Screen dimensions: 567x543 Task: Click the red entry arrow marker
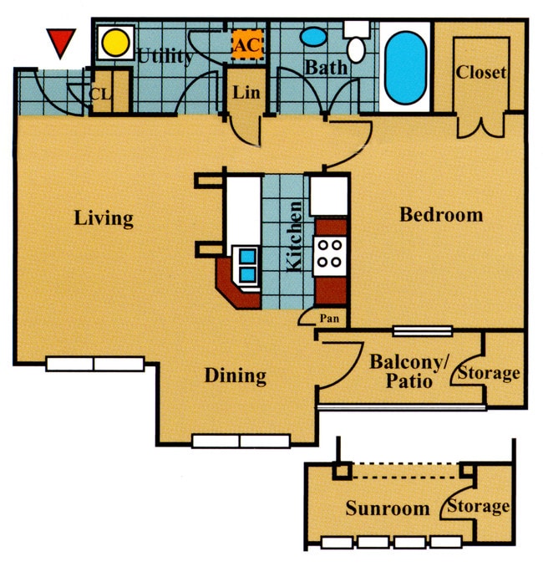point(61,43)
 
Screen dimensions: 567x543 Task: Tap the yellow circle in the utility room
point(116,41)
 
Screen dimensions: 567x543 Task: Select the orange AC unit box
point(246,44)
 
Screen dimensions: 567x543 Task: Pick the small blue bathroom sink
point(313,37)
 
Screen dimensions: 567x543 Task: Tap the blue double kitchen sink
point(246,264)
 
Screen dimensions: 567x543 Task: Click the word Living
point(103,219)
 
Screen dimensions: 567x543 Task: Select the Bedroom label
point(440,215)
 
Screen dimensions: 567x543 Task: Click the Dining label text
point(235,376)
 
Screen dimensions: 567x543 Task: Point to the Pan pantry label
point(328,319)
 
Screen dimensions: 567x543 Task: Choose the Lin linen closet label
point(246,93)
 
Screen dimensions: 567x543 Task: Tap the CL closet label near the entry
point(101,94)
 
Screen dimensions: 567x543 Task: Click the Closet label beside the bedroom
point(480,73)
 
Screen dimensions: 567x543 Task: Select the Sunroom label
point(387,508)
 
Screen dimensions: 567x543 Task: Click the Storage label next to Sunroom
point(479,506)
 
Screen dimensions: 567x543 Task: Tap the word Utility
point(165,57)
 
